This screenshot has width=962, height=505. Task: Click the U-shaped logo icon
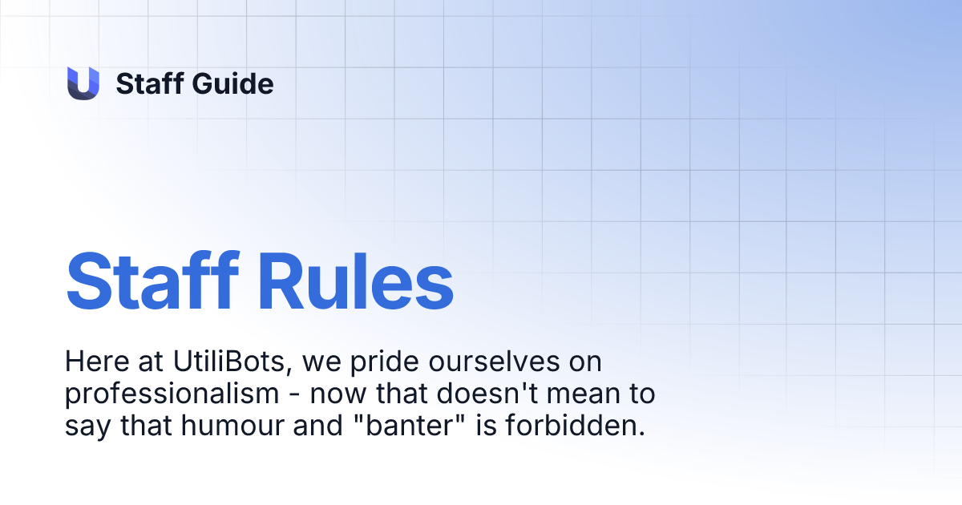pos(83,83)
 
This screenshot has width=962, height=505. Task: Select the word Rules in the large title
pos(353,281)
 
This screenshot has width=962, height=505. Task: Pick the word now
pos(337,395)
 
